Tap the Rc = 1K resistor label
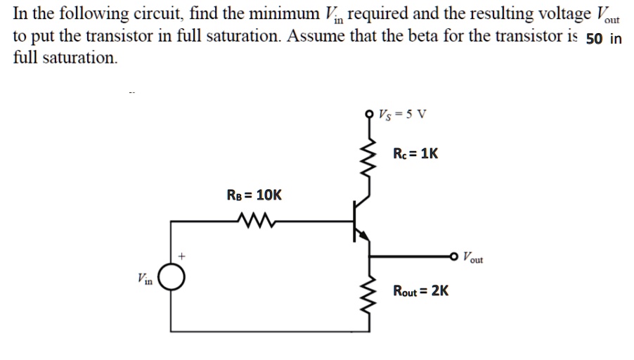pos(416,153)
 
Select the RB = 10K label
pos(254,195)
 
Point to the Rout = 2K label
pos(421,290)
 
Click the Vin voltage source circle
pos(172,279)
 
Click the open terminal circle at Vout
pos(454,257)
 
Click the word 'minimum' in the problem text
pos(276,13)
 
